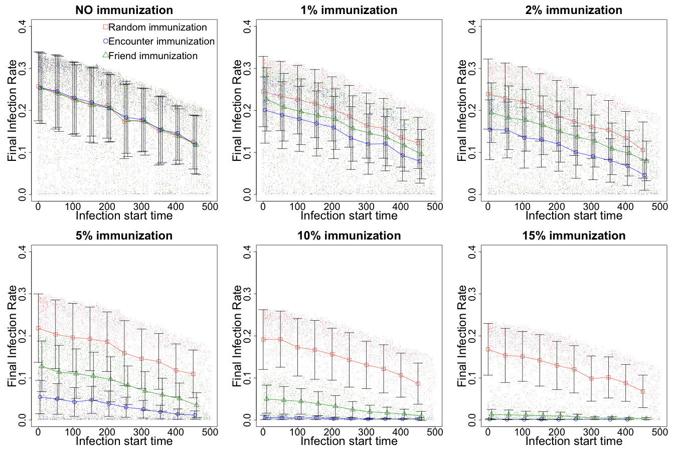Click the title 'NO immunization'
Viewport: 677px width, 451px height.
click(x=124, y=10)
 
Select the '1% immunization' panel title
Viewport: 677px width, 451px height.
click(x=349, y=10)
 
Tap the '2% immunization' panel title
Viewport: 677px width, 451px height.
click(x=574, y=10)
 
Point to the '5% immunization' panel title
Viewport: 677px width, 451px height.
click(x=124, y=236)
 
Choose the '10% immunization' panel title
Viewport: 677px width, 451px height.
click(x=349, y=236)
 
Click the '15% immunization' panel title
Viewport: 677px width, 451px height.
click(x=574, y=236)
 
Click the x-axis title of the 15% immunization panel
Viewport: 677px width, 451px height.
click(x=574, y=441)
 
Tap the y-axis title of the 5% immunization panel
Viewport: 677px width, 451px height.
click(x=13, y=336)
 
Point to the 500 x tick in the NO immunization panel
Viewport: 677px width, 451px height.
click(x=210, y=206)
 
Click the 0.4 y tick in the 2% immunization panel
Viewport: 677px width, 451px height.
click(x=472, y=26)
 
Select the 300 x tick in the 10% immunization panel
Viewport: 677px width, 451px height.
click(x=366, y=432)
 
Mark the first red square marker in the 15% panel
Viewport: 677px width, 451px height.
click(x=488, y=349)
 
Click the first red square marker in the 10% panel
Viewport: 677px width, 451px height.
click(x=263, y=339)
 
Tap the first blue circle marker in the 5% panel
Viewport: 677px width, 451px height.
click(x=40, y=397)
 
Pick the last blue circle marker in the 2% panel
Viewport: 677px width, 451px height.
click(x=644, y=175)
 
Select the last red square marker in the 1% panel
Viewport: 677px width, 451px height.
click(x=418, y=143)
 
